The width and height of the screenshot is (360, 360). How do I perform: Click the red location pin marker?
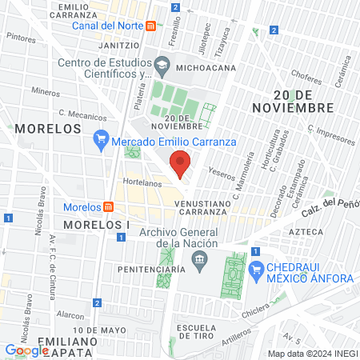point(180,163)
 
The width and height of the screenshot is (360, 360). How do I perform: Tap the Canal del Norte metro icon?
point(150,26)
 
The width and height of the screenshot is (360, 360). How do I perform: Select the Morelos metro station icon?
point(109,208)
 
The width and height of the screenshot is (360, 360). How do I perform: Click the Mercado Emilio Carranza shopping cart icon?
point(100,142)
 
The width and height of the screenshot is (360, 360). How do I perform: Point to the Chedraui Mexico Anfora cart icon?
point(256,269)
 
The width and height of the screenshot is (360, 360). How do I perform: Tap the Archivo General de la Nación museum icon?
point(199,259)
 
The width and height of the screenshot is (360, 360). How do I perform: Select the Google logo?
point(27,350)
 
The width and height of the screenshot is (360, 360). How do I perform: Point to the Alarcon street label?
point(72,315)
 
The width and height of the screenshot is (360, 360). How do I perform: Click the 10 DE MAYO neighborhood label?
point(100,330)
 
